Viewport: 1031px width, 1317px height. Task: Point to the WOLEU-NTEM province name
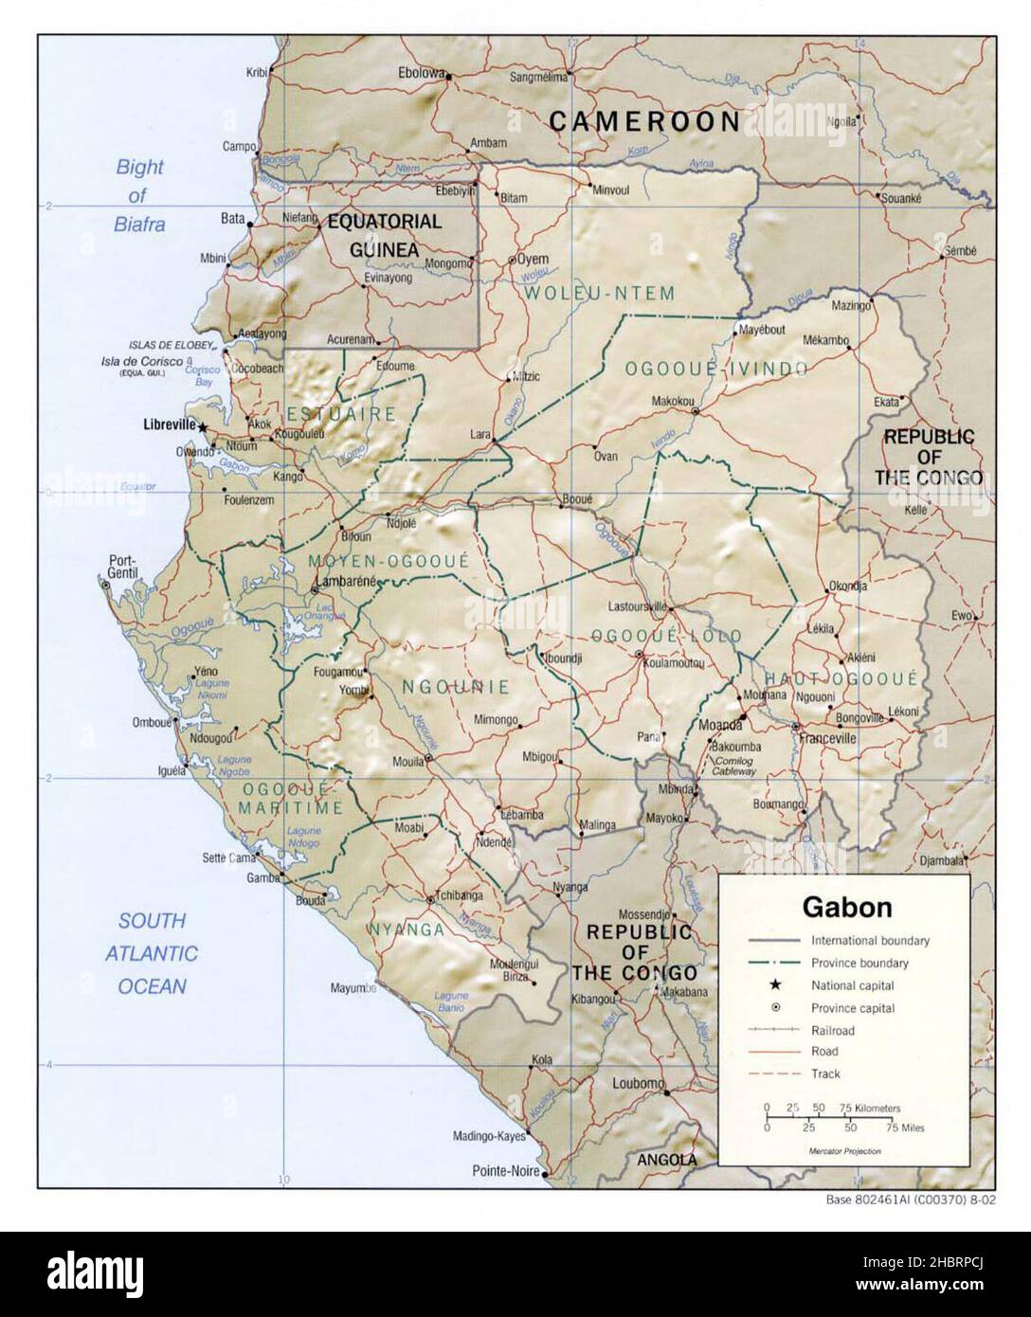pyautogui.click(x=599, y=294)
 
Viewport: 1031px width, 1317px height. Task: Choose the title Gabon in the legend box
pyautogui.click(x=847, y=907)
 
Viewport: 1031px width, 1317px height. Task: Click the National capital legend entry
pyautogui.click(x=853, y=985)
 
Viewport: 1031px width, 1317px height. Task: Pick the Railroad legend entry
pyautogui.click(x=832, y=1030)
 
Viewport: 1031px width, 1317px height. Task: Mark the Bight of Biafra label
pyautogui.click(x=140, y=195)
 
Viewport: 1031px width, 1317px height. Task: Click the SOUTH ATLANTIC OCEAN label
pyautogui.click(x=153, y=952)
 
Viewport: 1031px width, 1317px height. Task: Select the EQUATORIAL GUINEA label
pyautogui.click(x=384, y=235)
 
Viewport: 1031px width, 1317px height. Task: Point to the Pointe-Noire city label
pyautogui.click(x=506, y=1172)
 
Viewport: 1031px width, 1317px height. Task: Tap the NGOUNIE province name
pyautogui.click(x=456, y=687)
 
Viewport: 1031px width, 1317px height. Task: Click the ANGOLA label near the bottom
pyautogui.click(x=666, y=1160)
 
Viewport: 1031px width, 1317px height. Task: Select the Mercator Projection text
pyautogui.click(x=844, y=1150)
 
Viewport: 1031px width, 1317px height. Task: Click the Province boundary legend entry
pyautogui.click(x=859, y=964)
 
